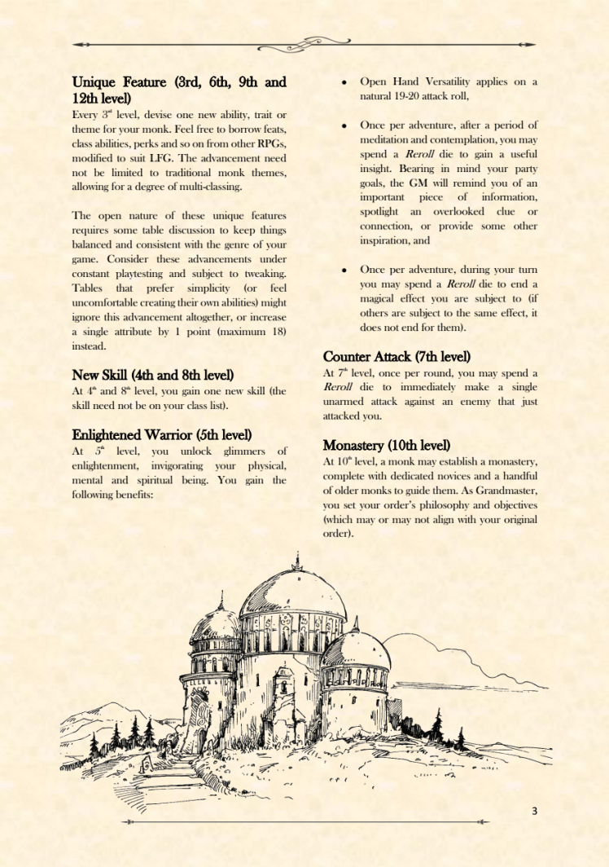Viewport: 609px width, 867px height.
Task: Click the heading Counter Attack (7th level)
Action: coord(397,357)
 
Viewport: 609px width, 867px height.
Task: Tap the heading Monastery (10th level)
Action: coord(387,445)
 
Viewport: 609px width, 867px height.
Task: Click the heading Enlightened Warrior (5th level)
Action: coord(162,434)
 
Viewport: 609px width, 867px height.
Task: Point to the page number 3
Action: coord(534,810)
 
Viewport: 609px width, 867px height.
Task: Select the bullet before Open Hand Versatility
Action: coord(345,82)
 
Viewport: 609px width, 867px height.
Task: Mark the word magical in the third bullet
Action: coord(382,298)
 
